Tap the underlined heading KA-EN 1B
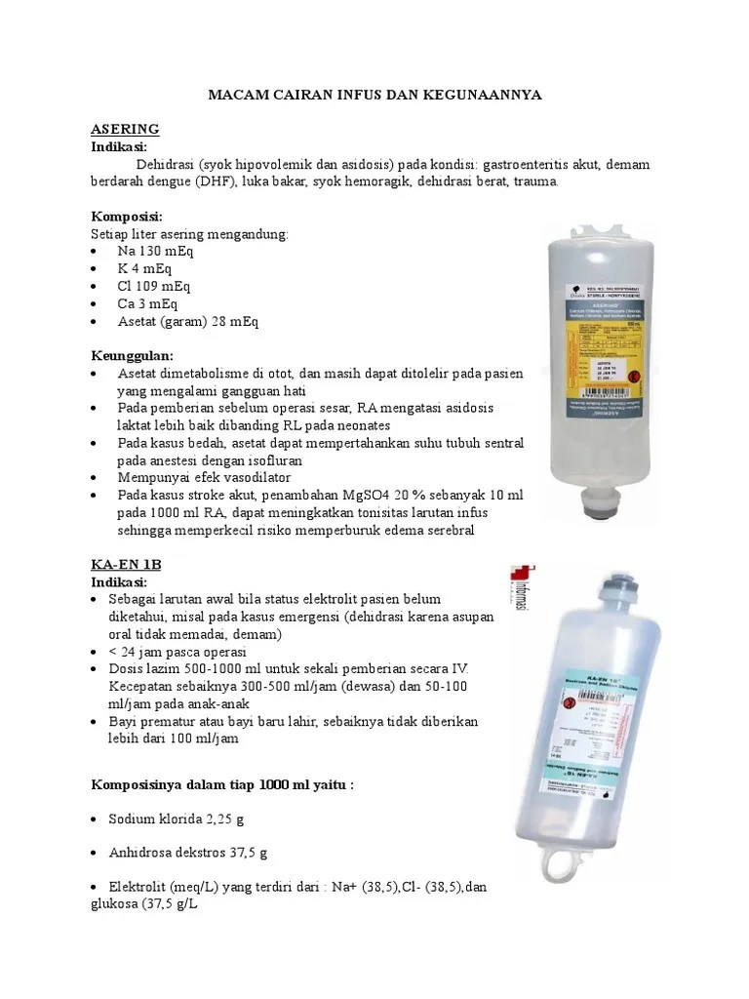(125, 565)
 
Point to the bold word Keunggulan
(132, 356)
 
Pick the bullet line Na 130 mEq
(156, 252)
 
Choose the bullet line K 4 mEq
(148, 269)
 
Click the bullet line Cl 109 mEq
(154, 287)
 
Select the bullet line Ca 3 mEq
(152, 304)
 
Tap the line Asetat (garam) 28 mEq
(188, 321)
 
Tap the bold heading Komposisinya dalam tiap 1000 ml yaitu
(221, 783)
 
